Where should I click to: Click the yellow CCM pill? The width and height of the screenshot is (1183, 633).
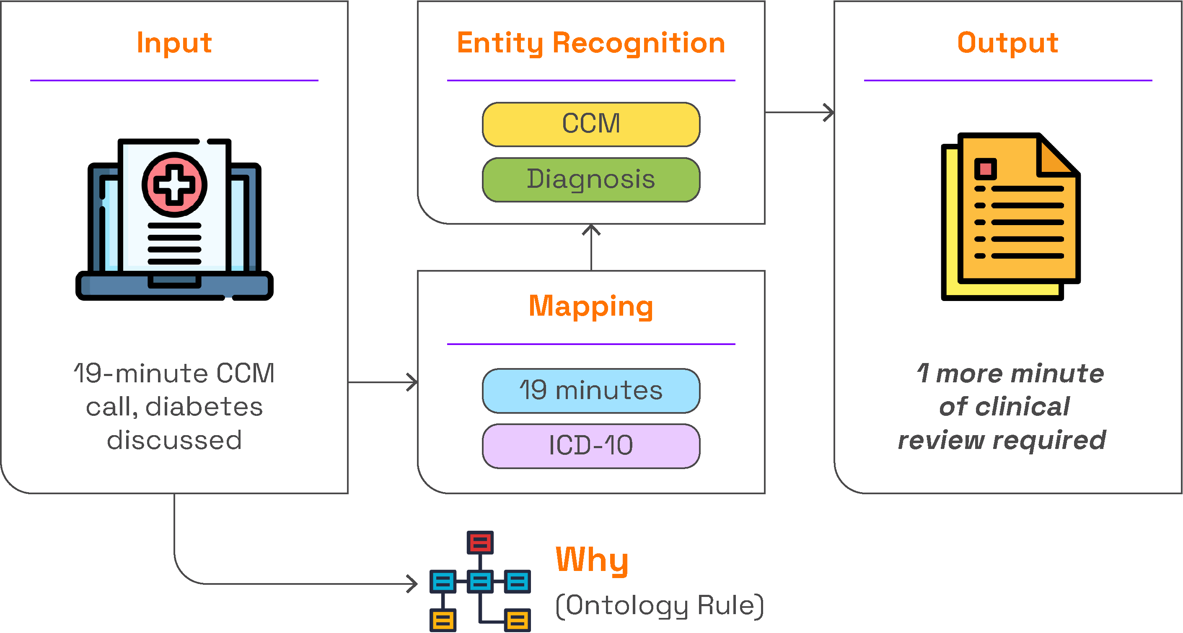pos(591,124)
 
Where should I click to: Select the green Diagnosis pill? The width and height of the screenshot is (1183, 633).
pos(591,179)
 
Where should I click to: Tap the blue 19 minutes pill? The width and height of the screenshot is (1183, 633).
pos(591,390)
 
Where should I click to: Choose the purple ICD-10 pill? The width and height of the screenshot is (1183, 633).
pos(591,446)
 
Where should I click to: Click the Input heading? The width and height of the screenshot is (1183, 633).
pos(174,43)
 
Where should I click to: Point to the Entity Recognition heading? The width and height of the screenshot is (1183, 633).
pos(591,43)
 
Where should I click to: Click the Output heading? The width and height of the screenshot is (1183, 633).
pos(1007,43)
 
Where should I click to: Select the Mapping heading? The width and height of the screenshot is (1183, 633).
pos(591,306)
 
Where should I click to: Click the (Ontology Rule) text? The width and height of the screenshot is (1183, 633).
pos(660,605)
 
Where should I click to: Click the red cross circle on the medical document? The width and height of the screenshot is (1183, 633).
pos(174,185)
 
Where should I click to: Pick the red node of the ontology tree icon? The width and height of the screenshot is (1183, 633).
pos(480,542)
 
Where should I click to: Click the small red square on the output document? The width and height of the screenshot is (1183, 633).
pos(986,169)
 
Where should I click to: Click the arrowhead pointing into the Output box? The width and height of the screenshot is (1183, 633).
pos(829,112)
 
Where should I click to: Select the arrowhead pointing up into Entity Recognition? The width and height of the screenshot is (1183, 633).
pos(591,229)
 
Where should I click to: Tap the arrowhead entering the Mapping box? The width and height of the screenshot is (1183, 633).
pos(413,382)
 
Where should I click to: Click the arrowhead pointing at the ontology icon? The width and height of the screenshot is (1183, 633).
pos(413,584)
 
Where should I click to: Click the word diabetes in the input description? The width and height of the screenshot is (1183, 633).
pos(204,407)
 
